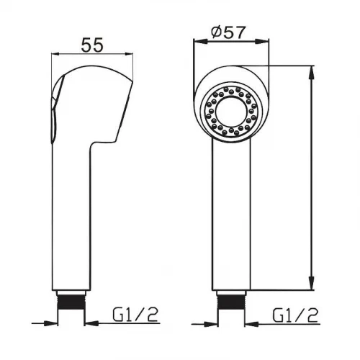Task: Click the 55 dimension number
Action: (92, 45)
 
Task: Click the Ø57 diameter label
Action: (229, 32)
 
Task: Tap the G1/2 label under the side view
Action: (135, 315)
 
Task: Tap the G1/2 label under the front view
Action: (295, 315)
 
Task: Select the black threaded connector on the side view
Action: (71, 302)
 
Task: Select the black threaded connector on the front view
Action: (231, 302)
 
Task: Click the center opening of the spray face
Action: (231, 112)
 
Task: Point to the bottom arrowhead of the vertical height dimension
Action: (312, 283)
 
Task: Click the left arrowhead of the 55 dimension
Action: (58, 54)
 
